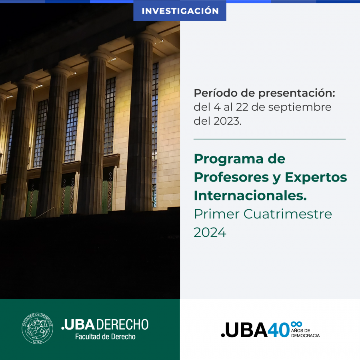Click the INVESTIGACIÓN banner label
(x=180, y=11)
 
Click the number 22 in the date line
(x=242, y=107)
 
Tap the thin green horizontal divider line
(x=270, y=139)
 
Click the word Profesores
(x=232, y=177)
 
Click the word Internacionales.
(x=250, y=196)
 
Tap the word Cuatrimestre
(x=288, y=214)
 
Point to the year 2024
(x=210, y=232)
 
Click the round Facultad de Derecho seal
(x=38, y=328)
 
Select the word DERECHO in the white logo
(x=122, y=324)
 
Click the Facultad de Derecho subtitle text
(x=105, y=336)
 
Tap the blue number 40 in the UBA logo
(x=278, y=330)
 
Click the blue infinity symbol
(x=296, y=324)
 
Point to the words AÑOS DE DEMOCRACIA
(x=305, y=333)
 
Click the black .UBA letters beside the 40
(x=244, y=330)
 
